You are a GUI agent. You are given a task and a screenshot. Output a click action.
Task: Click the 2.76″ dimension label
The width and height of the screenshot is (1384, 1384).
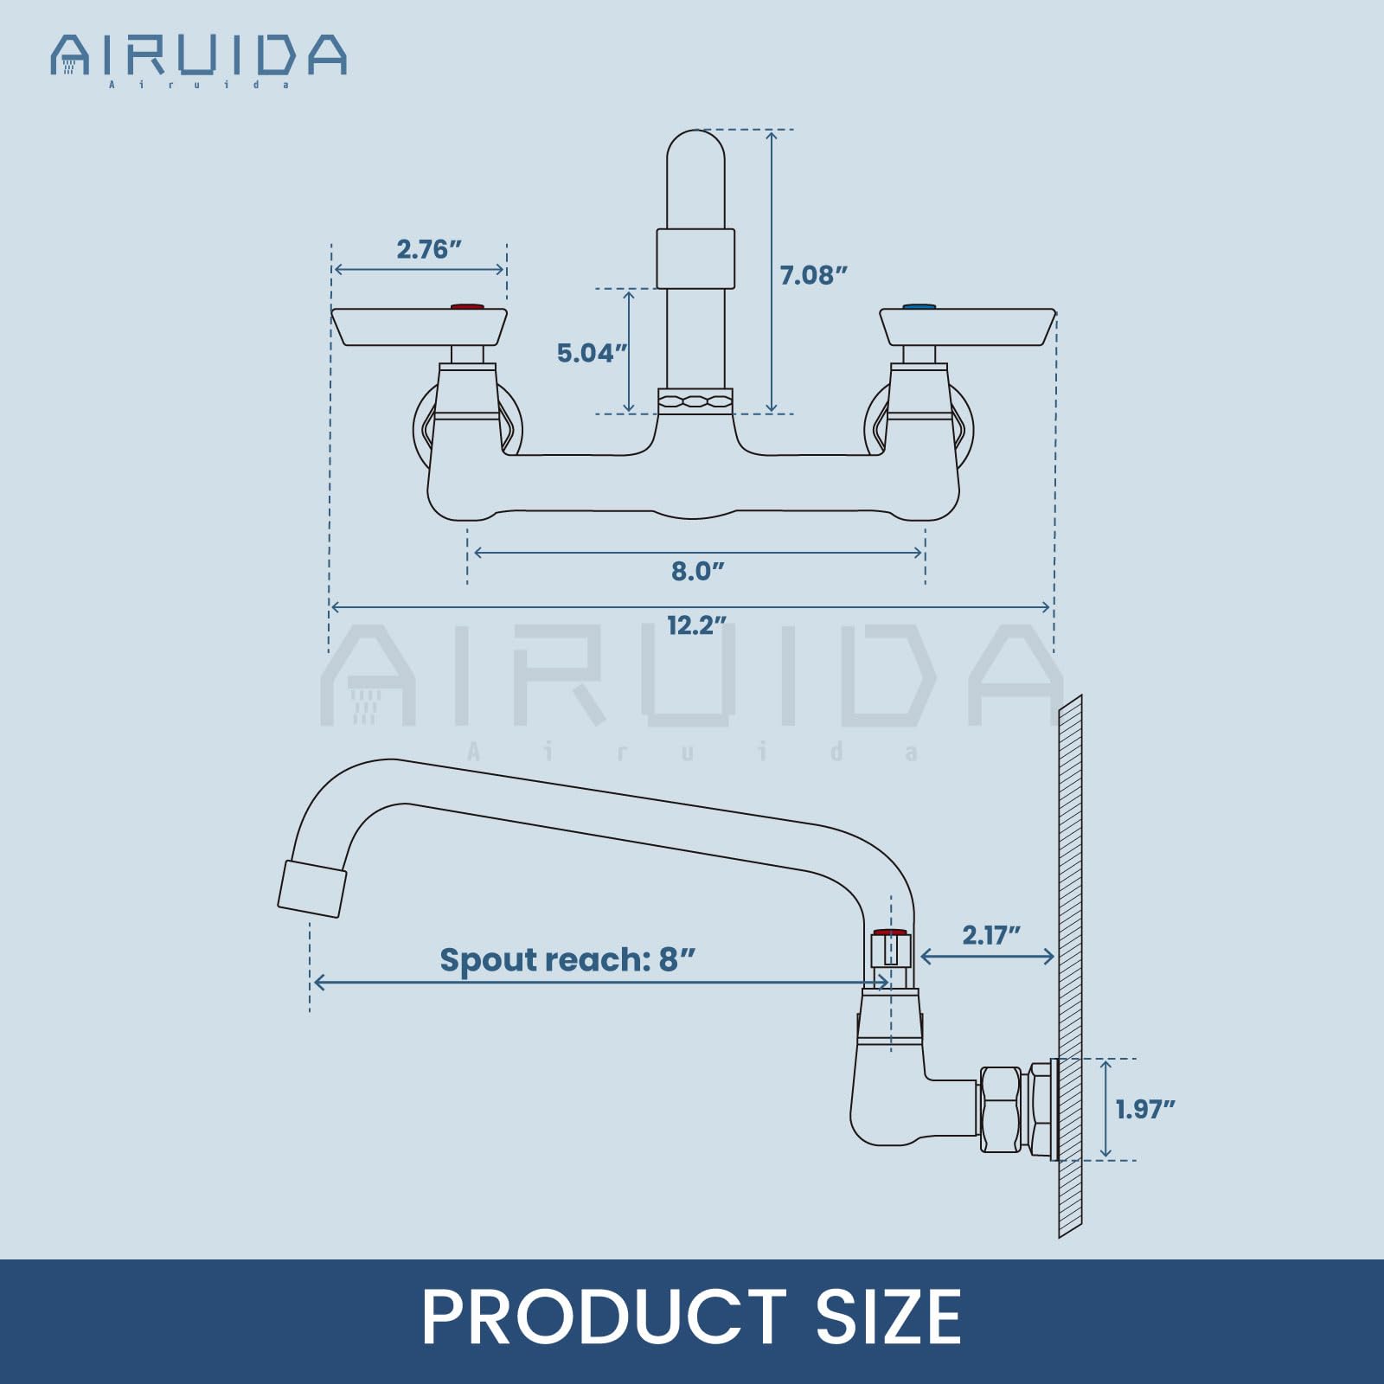click(428, 249)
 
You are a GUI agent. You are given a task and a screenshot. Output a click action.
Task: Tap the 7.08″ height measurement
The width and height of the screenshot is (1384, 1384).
click(812, 275)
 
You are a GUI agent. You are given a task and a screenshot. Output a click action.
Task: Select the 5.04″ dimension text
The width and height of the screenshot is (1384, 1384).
click(591, 353)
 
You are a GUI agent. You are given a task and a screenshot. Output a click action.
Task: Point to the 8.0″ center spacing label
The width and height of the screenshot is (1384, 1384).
click(697, 571)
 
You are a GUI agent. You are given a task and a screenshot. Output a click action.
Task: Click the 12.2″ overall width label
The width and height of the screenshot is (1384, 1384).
click(695, 625)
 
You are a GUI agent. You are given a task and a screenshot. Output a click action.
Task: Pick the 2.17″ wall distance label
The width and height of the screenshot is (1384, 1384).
click(991, 935)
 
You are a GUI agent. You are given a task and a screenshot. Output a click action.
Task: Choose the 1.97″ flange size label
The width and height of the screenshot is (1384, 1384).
click(1144, 1109)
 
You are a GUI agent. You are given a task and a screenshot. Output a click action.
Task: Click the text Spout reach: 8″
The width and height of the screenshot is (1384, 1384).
click(567, 959)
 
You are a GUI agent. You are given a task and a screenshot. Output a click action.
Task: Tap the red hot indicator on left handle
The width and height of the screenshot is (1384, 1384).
click(467, 306)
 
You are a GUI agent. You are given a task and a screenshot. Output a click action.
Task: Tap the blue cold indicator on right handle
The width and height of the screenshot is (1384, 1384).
click(919, 306)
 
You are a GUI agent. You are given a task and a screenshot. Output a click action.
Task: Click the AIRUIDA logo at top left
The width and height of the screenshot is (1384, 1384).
click(199, 57)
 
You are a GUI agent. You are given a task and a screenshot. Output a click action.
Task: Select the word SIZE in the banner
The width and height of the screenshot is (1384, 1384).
click(887, 1317)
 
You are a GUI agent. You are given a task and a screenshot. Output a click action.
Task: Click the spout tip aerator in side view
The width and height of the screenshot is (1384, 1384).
click(312, 889)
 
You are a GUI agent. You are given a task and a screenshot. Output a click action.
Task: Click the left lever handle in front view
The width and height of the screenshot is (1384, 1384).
click(420, 327)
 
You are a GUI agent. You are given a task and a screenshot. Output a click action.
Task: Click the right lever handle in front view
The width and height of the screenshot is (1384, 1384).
click(967, 327)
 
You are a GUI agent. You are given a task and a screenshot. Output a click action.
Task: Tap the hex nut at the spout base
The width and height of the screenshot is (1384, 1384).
click(695, 400)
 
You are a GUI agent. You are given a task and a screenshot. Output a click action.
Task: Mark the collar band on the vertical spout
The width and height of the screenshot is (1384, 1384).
click(695, 259)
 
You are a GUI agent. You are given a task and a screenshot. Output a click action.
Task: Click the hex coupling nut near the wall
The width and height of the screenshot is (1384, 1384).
click(1001, 1110)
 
